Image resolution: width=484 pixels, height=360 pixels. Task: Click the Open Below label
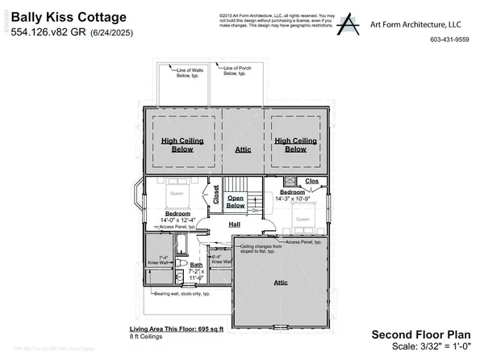[x=235, y=200]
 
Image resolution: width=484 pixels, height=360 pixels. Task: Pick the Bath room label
[x=195, y=265]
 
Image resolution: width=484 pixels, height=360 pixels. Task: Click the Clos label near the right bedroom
[x=312, y=182]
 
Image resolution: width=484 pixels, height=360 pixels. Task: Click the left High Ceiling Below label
[x=181, y=144]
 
